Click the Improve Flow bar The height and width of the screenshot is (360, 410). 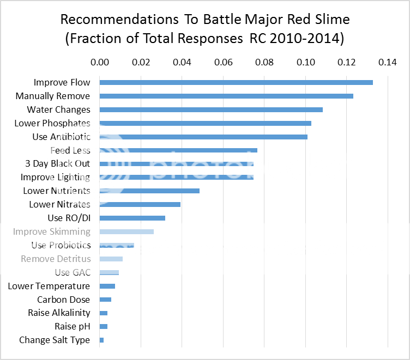coord(236,82)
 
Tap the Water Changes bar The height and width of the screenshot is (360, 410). coord(211,109)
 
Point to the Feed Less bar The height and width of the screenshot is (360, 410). coord(178,150)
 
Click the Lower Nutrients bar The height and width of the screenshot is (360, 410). coord(149,191)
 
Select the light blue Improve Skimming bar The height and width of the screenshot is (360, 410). coord(126,231)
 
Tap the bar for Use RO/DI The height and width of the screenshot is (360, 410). coord(132,218)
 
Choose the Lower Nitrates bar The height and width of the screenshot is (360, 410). coord(140,204)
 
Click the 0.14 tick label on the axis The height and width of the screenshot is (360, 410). coord(388,63)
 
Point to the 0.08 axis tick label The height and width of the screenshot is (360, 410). coord(264,63)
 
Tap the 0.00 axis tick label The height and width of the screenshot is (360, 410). coord(100,63)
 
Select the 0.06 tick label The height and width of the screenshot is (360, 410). coord(223,63)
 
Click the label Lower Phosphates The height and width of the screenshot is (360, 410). coord(52,123)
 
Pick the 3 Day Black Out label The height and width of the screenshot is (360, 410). coord(58,163)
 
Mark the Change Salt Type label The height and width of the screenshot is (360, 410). coord(55,340)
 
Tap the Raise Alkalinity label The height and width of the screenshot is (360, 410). coord(59,313)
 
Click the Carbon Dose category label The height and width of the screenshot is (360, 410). coord(63,300)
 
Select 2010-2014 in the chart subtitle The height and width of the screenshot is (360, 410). coord(314,39)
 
